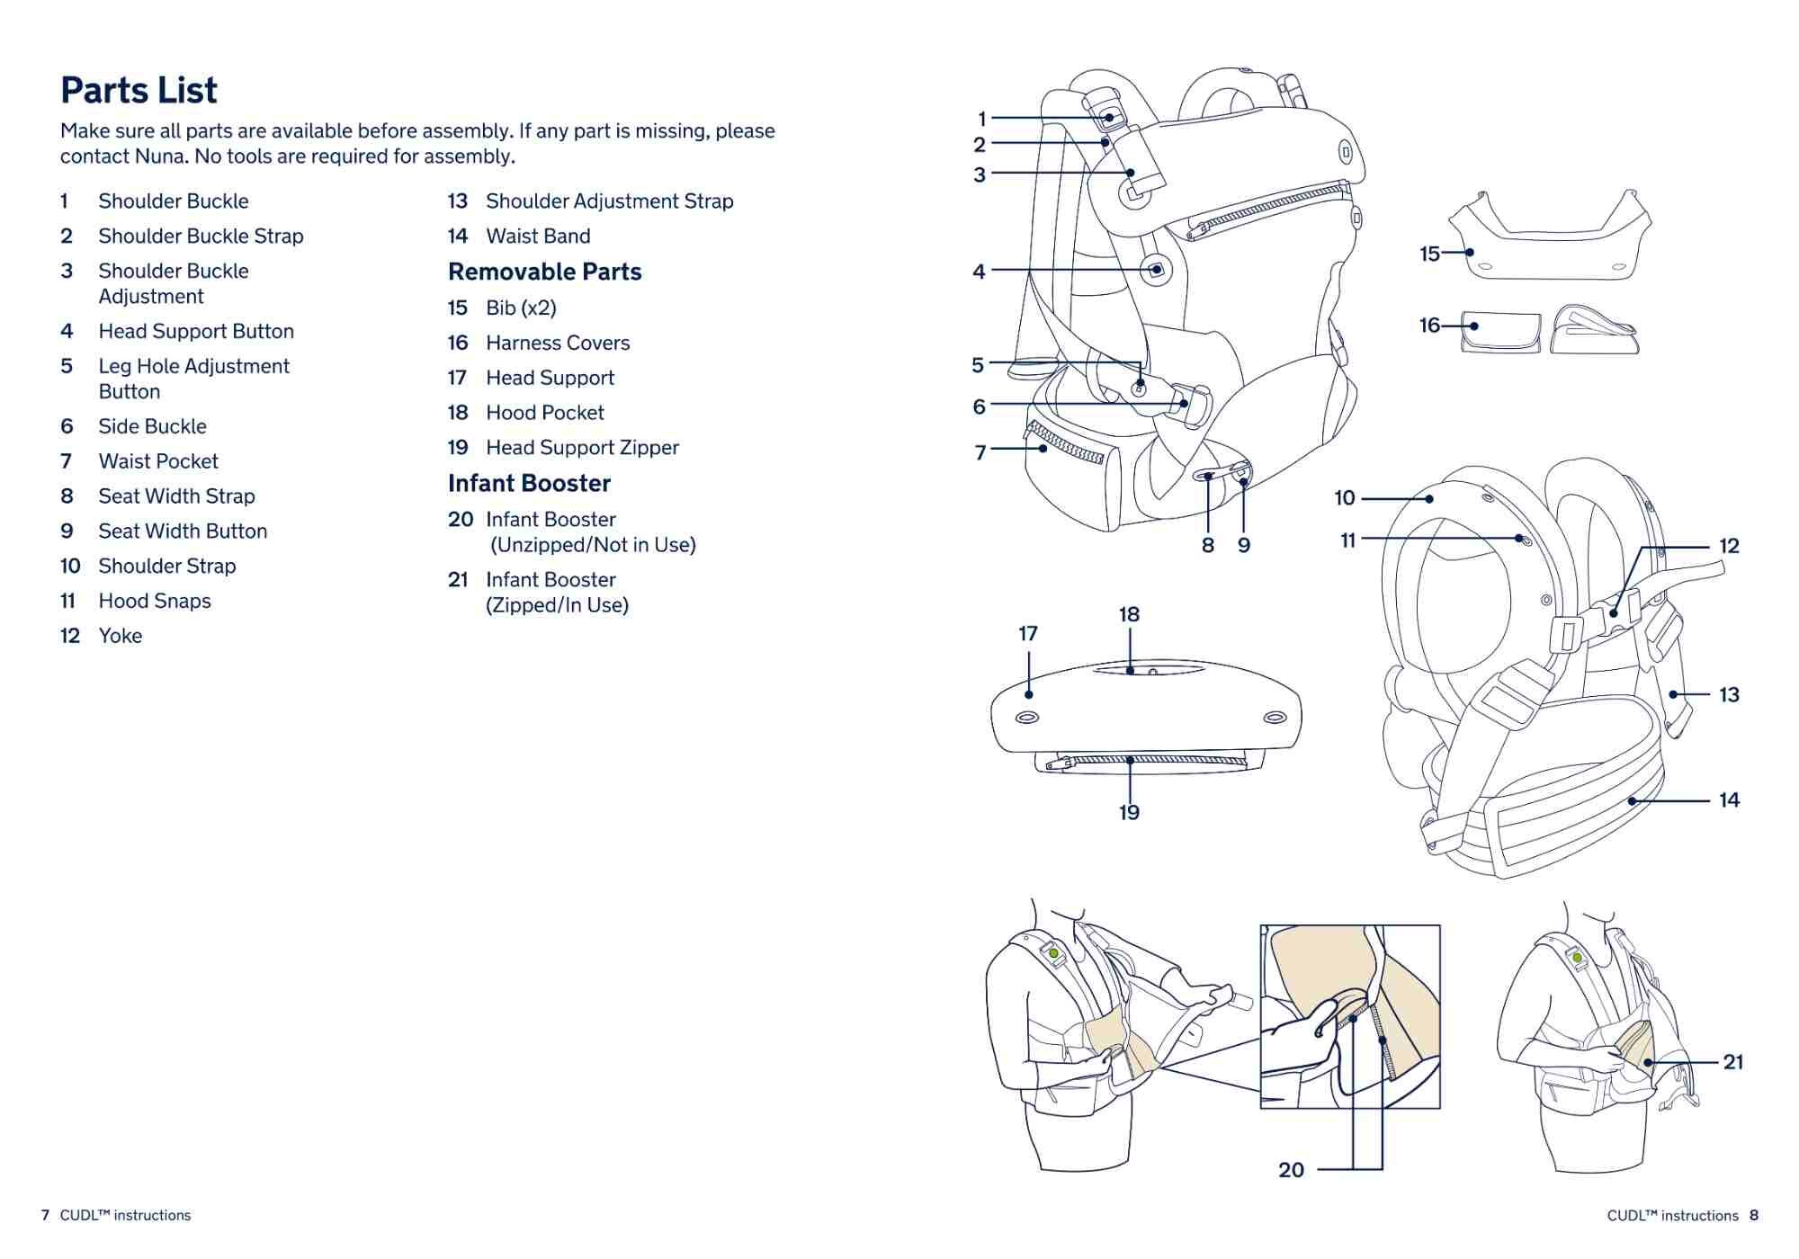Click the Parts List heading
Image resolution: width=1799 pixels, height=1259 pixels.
(x=139, y=90)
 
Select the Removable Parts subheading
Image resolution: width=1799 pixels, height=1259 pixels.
(x=544, y=272)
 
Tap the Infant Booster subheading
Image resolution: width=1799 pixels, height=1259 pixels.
(x=529, y=483)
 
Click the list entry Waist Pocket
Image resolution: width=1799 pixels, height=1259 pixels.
(x=158, y=461)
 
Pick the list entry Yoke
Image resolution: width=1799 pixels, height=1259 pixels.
(x=121, y=636)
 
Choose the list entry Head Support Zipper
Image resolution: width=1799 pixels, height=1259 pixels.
(x=582, y=447)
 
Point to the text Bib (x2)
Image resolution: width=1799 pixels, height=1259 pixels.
(x=521, y=308)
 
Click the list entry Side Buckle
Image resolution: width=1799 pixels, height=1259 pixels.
(x=152, y=426)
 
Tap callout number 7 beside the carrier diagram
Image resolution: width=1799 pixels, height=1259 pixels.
(x=980, y=452)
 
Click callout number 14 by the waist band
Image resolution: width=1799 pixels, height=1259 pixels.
(x=1729, y=799)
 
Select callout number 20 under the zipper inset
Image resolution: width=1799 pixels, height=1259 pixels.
(x=1291, y=1169)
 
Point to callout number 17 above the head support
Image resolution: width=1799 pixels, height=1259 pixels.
(x=1028, y=634)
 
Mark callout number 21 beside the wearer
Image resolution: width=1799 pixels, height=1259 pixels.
(x=1732, y=1062)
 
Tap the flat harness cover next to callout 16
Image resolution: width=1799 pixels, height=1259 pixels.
(x=1500, y=332)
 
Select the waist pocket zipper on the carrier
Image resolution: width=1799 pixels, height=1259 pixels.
(x=1067, y=442)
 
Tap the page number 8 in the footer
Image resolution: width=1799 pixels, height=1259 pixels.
(x=1754, y=1215)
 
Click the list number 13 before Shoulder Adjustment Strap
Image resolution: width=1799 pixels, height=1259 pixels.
(x=458, y=201)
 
